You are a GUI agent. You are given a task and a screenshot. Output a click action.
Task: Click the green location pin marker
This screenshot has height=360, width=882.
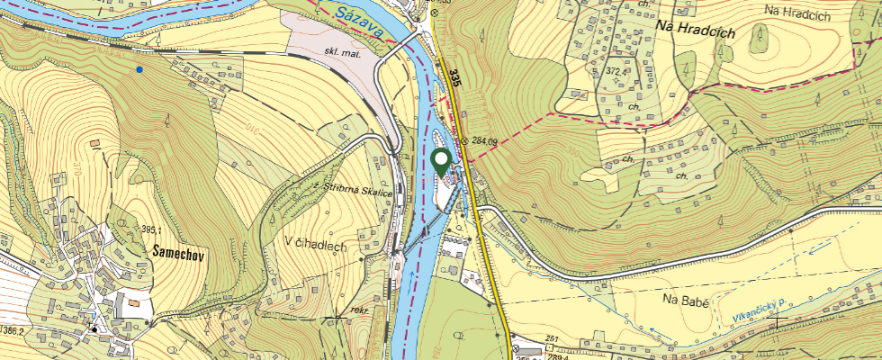click(441, 163)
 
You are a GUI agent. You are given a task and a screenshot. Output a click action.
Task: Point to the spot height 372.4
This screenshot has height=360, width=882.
click(616, 71)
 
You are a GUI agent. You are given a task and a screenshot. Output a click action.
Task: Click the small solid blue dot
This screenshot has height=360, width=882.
click(139, 68)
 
